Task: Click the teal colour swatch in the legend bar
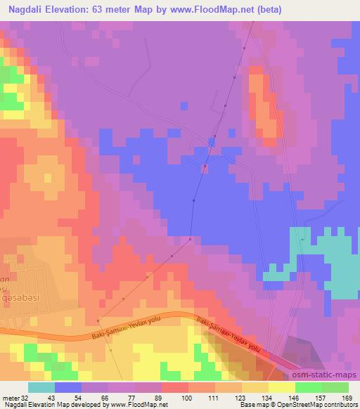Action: pos(41,387)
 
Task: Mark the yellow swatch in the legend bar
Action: pos(282,387)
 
